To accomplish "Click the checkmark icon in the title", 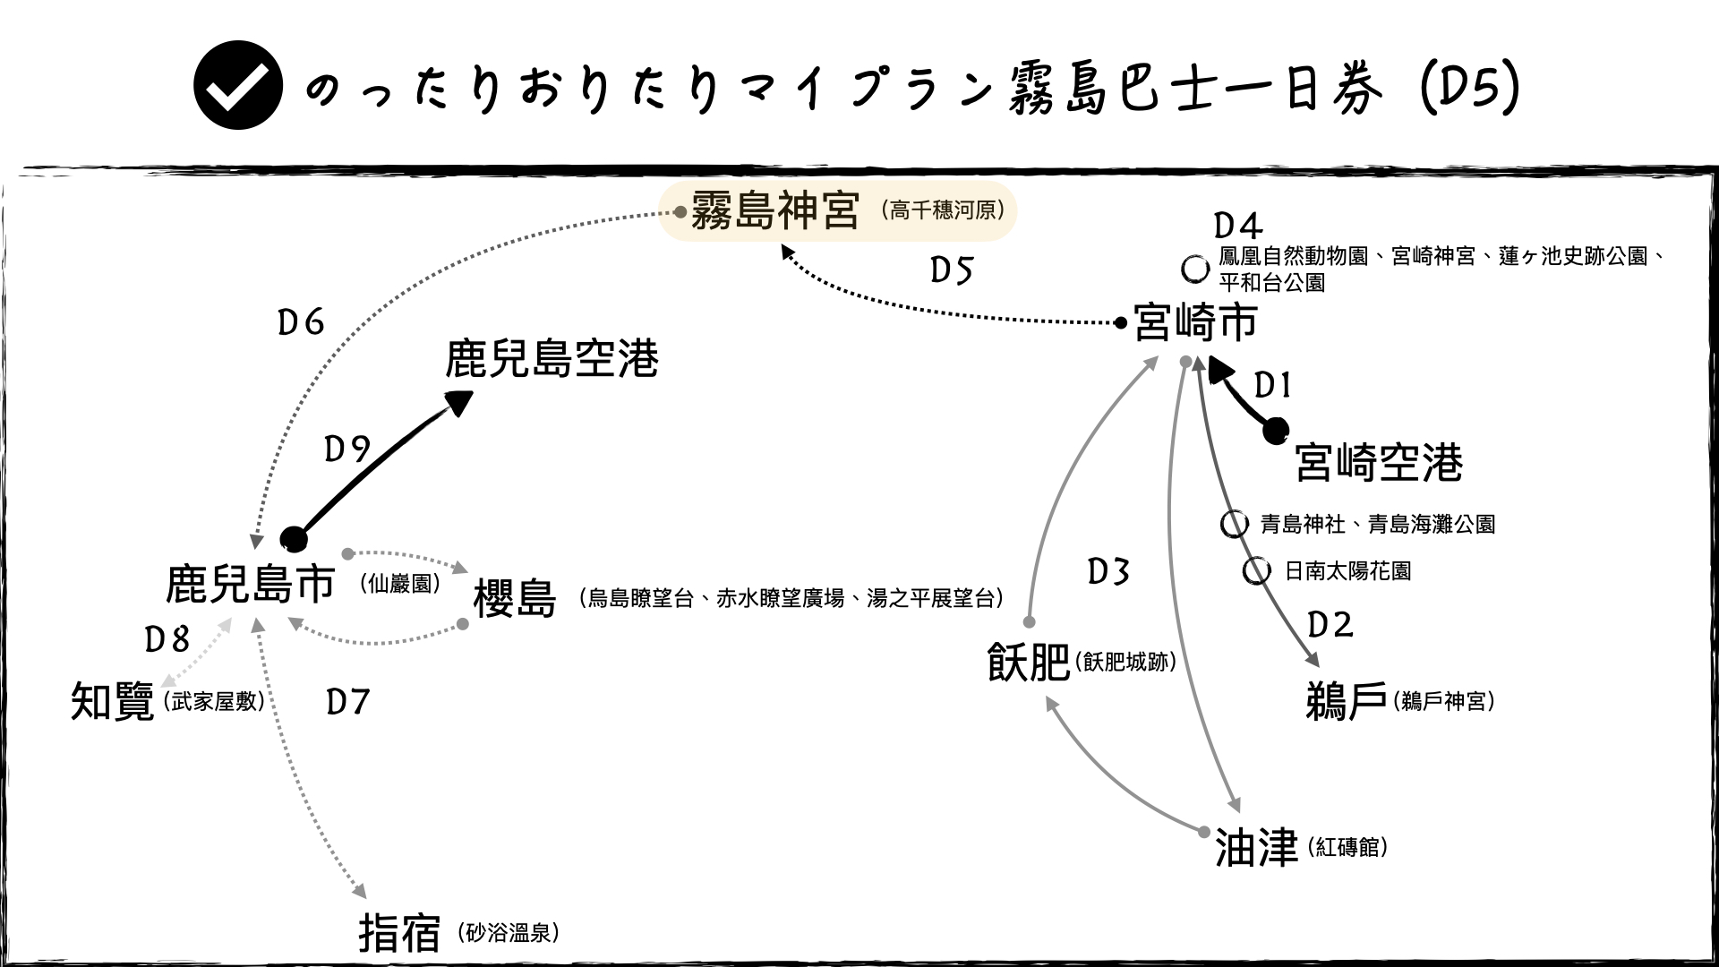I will (238, 86).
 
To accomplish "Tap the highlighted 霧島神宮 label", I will (775, 212).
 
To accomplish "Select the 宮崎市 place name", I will (1195, 322).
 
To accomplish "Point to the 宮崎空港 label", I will (1379, 462).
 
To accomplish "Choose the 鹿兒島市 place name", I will (251, 584).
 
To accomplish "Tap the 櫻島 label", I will (515, 599).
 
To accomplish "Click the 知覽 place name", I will (113, 701).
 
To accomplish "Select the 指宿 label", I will (400, 933).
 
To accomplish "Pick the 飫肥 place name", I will (1029, 663).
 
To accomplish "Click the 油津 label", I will (1256, 846).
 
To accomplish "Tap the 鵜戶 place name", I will (1347, 700).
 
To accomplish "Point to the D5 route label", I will (951, 270).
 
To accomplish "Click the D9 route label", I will (347, 449).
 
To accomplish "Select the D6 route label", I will (301, 322).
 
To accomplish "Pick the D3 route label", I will (1108, 571).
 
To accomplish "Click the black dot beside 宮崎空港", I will (1276, 432).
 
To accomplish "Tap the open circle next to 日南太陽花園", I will (1257, 570).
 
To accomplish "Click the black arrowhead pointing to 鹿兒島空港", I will (459, 403).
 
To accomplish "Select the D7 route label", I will (348, 703).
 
